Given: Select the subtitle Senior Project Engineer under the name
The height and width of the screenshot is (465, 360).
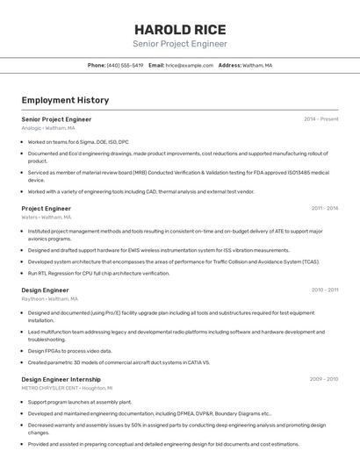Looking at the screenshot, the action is pyautogui.click(x=179, y=44).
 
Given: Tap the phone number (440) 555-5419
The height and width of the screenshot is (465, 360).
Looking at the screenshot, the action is pyautogui.click(x=125, y=65).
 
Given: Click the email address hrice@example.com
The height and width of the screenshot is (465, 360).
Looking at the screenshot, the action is pyautogui.click(x=190, y=65).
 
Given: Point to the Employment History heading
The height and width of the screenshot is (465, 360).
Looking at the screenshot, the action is pyautogui.click(x=65, y=100).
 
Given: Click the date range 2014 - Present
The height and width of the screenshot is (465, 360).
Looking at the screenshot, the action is pyautogui.click(x=320, y=118).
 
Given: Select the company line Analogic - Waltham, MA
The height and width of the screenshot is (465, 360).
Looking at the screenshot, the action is pyautogui.click(x=48, y=127).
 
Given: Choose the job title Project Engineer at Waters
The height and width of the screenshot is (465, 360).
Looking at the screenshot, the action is pyautogui.click(x=46, y=208).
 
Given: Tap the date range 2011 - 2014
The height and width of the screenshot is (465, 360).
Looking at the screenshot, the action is pyautogui.click(x=324, y=208).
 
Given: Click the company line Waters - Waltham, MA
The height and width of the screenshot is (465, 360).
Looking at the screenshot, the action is pyautogui.click(x=46, y=217).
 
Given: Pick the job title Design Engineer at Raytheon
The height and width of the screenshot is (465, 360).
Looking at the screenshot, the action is pyautogui.click(x=45, y=290).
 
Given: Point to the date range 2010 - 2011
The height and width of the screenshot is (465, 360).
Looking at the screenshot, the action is pyautogui.click(x=324, y=290).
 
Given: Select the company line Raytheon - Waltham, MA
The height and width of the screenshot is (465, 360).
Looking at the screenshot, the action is pyautogui.click(x=49, y=298).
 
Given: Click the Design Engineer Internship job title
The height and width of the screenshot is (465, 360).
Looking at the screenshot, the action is pyautogui.click(x=61, y=379).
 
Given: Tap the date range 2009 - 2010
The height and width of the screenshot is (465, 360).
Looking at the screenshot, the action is pyautogui.click(x=323, y=379).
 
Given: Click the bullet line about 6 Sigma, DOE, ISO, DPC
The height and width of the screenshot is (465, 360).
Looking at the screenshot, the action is pyautogui.click(x=78, y=141).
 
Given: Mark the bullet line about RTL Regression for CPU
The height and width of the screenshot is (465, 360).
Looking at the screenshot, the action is pyautogui.click(x=98, y=273).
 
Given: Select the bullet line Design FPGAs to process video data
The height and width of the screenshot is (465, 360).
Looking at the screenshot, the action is pyautogui.click(x=75, y=351).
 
